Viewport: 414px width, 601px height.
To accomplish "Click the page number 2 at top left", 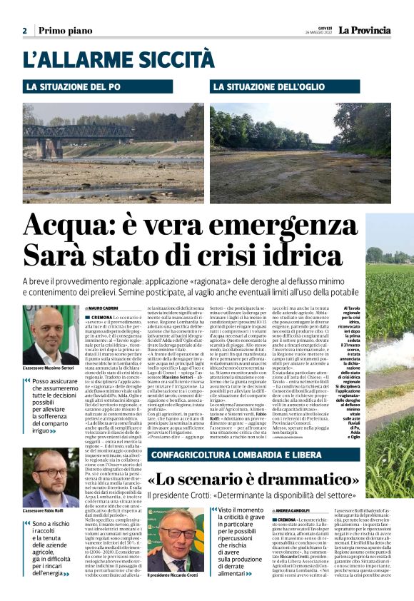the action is click(x=24, y=31).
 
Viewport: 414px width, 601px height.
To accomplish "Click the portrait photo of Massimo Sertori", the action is click(x=51, y=335).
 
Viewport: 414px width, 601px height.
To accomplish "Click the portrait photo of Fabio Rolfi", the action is click(x=51, y=478).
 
